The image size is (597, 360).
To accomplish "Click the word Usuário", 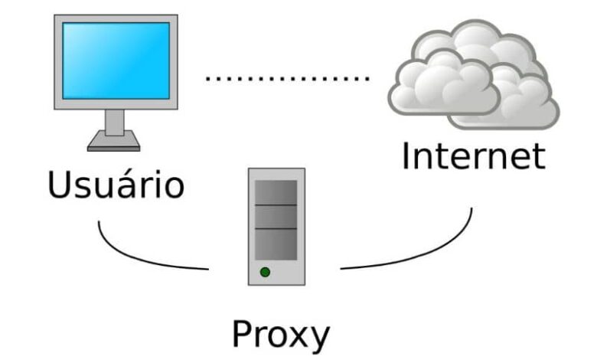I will [x=116, y=185].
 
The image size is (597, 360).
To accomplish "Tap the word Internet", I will [x=473, y=155].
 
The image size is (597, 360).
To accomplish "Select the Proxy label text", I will [x=281, y=335].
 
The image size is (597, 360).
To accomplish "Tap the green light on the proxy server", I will [x=265, y=271].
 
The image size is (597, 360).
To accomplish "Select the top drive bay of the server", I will [x=276, y=192].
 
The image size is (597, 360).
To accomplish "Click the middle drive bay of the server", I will [x=276, y=217].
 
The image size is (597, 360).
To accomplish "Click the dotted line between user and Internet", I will [x=287, y=78].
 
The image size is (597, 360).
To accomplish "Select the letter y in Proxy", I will [x=321, y=339].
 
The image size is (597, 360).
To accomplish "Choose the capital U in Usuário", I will [x=59, y=185].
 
